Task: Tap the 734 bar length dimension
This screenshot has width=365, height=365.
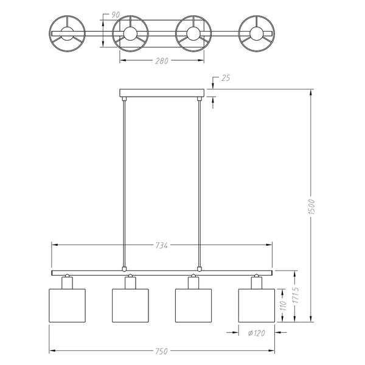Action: click(161, 245)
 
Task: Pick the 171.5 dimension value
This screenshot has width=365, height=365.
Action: click(294, 297)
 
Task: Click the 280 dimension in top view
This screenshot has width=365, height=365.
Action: click(161, 61)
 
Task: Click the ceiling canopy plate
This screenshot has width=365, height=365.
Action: click(161, 92)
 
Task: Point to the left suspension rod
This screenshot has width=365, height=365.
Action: click(123, 182)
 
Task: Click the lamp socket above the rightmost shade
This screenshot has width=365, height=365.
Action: click(256, 282)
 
